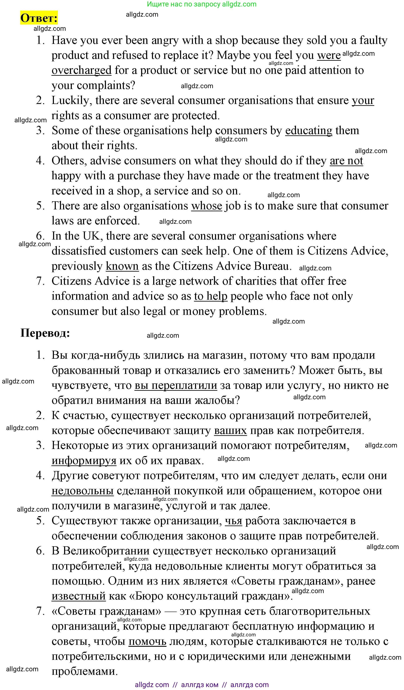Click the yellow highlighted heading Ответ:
[x=39, y=18]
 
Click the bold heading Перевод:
[x=45, y=333]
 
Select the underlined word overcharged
[x=81, y=70]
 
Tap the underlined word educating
[x=309, y=131]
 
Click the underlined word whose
[x=206, y=206]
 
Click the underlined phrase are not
[x=346, y=161]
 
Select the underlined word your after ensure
[x=363, y=100]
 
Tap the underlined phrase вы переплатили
[x=176, y=385]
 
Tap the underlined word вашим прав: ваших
[x=230, y=430]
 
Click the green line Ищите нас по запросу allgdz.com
[x=201, y=4]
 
